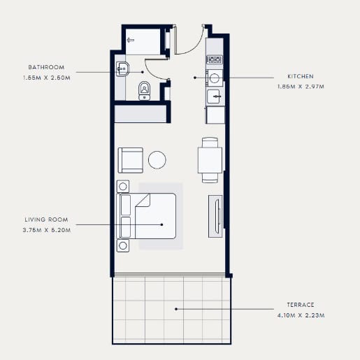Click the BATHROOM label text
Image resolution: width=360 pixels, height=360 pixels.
(46, 67)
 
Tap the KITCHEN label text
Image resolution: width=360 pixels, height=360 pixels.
(301, 76)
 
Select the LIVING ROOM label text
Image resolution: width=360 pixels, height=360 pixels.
(46, 219)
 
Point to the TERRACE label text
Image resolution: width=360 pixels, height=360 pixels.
(301, 305)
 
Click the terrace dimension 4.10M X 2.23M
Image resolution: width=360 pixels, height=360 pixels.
(301, 315)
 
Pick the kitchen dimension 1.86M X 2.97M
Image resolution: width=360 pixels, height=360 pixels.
(301, 87)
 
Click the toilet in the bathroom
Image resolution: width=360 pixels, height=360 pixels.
(144, 91)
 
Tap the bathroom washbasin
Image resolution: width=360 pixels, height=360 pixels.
(122, 69)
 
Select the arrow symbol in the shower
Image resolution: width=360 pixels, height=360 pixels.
(131, 40)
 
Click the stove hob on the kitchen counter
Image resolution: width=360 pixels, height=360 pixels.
(215, 60)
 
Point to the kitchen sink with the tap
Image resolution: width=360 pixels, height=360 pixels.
(214, 96)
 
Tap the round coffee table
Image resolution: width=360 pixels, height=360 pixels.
(157, 159)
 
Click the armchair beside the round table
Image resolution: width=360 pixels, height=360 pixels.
(131, 160)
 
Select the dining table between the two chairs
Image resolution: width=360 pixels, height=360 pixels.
(210, 160)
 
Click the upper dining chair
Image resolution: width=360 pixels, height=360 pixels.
(210, 143)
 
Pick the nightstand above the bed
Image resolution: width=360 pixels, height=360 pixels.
(123, 187)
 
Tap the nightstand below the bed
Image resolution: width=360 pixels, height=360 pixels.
(123, 245)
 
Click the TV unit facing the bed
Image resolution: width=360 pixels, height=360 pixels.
(215, 217)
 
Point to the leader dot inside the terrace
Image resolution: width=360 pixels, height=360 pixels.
(176, 309)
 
